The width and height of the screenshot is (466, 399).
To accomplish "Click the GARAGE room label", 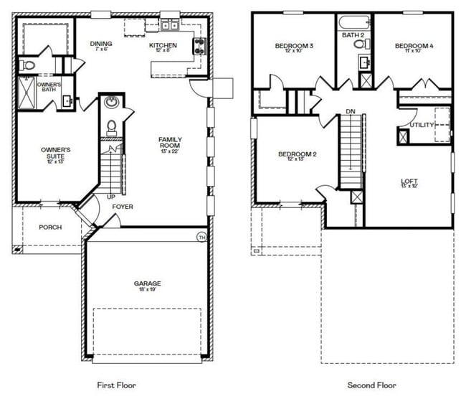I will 147,283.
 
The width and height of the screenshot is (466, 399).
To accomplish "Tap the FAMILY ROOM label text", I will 170,144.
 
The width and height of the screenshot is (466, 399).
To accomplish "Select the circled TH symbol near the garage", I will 201,237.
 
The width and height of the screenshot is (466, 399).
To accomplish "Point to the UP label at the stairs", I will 111,197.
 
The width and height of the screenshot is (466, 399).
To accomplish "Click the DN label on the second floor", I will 350,111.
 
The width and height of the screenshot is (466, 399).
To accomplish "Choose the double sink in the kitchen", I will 170,26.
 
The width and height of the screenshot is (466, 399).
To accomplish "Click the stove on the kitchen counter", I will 199,47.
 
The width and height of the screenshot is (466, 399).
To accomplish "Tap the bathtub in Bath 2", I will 354,21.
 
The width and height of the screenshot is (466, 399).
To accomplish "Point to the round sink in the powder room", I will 111,102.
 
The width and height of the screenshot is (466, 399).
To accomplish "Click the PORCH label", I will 50,227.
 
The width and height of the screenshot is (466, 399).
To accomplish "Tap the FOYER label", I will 123,207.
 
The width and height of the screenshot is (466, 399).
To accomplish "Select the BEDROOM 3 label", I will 295,46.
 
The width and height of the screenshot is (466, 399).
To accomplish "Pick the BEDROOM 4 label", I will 414,46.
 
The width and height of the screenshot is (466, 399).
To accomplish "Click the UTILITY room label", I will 422,125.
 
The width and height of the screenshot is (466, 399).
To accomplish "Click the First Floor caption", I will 116,385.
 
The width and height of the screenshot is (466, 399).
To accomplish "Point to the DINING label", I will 101,44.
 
